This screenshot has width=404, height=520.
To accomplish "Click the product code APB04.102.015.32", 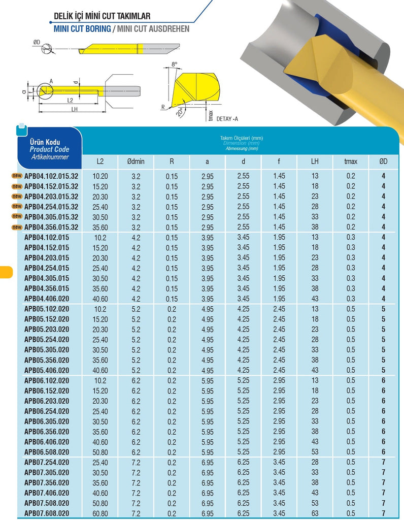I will click(x=51, y=176).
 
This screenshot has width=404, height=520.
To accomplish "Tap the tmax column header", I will click(x=351, y=161).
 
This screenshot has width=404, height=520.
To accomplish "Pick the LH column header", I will click(x=315, y=161).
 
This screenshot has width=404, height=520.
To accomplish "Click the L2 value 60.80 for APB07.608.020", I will click(x=100, y=513).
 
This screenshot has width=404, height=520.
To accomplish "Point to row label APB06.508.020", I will click(x=47, y=452).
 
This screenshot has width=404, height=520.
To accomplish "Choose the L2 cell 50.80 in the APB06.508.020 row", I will click(x=100, y=452).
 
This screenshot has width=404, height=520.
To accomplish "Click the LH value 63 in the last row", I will click(x=315, y=513).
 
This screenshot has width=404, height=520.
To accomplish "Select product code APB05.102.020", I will click(x=47, y=309).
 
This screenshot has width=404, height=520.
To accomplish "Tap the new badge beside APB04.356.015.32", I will click(x=17, y=227).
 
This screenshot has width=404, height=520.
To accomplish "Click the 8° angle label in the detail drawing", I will click(x=175, y=64).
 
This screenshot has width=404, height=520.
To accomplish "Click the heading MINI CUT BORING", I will click(x=82, y=29).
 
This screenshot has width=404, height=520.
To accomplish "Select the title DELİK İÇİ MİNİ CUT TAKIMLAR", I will click(x=102, y=17).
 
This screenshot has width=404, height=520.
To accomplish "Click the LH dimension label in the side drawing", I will click(x=74, y=109).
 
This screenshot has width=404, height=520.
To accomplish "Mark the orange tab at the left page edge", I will click(x=6, y=271).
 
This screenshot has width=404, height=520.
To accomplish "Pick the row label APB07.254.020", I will click(x=47, y=462).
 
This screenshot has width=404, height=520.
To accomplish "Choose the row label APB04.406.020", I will click(x=47, y=299).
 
